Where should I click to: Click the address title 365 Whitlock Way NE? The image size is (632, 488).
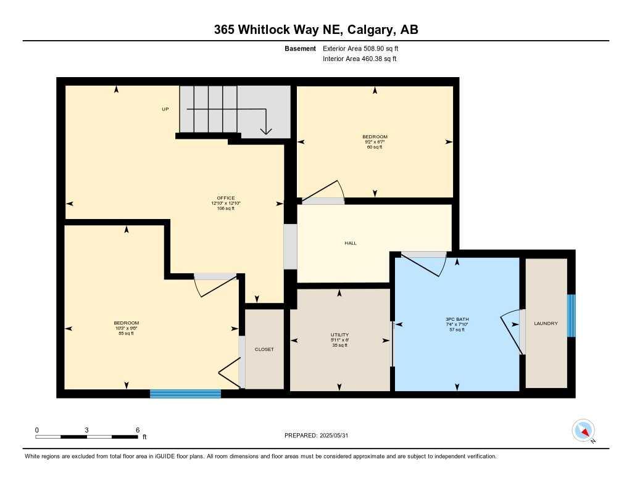[316, 30]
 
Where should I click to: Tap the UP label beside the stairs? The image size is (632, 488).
[165, 109]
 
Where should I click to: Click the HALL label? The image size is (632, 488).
[351, 243]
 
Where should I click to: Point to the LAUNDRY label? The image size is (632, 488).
[546, 323]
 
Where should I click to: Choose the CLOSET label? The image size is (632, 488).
[264, 349]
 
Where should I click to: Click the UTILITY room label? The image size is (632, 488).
[339, 334]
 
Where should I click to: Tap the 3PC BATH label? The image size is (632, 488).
[457, 319]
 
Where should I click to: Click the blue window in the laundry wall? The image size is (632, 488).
[571, 316]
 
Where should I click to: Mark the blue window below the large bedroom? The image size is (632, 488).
[185, 394]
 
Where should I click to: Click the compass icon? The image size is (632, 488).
[583, 431]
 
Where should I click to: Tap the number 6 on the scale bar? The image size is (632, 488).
[137, 430]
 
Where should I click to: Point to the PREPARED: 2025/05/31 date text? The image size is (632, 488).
[320, 436]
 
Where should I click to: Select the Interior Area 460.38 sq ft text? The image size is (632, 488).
[359, 59]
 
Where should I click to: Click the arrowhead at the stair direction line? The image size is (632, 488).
[266, 130]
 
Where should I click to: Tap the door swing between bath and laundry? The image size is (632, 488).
[511, 331]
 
